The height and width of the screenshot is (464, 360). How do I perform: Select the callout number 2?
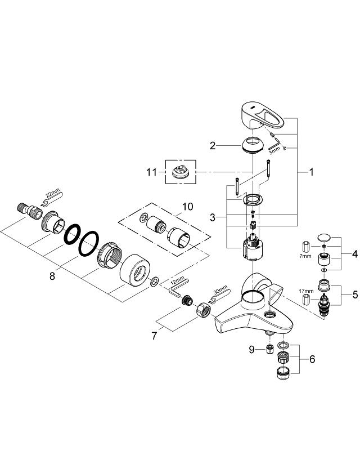point(213,146)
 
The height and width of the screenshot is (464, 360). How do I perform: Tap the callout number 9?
point(251,349)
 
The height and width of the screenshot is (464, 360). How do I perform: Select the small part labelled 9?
point(269,350)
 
